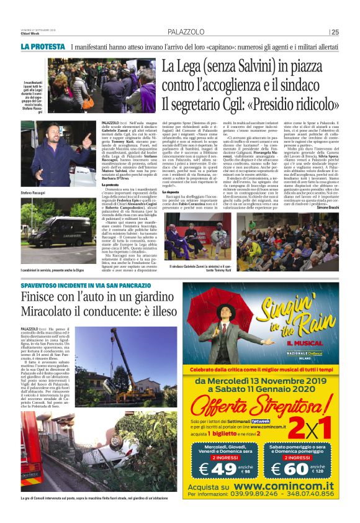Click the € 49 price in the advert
tap(217, 468)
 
